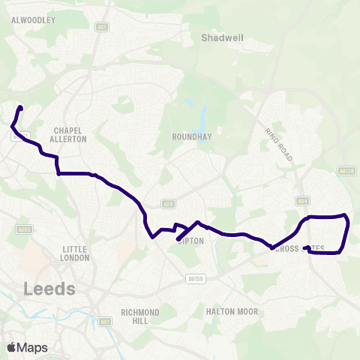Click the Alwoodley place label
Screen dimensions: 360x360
[x=34, y=21]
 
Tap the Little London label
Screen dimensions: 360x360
[x=76, y=253]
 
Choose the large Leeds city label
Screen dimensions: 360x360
[x=49, y=289]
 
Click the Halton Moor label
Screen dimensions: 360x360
[x=232, y=311]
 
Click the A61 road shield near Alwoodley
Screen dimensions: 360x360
[x=102, y=26]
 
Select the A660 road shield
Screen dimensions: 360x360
[x=24, y=229]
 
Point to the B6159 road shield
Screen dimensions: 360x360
[x=196, y=279]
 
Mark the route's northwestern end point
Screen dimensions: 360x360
[x=20, y=109]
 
